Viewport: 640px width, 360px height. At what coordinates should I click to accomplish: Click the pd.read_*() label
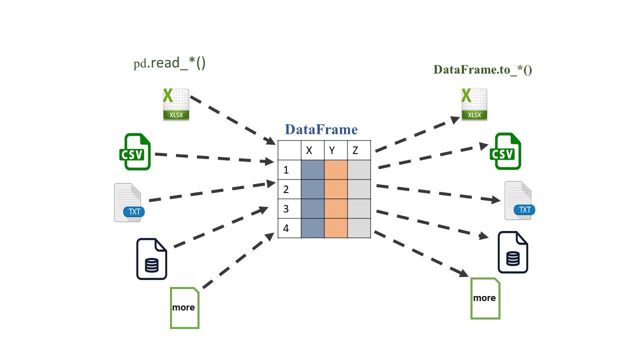[169, 63]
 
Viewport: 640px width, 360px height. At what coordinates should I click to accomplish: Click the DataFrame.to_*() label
[482, 69]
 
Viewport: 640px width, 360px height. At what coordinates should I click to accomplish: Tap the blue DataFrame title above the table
[321, 129]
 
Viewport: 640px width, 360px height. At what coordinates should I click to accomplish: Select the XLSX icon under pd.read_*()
[176, 104]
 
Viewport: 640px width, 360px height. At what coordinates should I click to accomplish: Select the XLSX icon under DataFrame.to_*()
[474, 104]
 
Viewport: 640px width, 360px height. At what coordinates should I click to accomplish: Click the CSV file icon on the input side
[134, 151]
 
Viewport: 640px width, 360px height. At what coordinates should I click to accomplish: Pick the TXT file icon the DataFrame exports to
[519, 200]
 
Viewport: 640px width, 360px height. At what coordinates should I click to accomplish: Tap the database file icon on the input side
[151, 259]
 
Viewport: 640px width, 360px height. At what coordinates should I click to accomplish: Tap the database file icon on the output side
[512, 252]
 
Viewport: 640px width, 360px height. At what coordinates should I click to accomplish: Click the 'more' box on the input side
[184, 307]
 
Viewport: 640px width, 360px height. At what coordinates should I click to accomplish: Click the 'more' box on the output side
[485, 298]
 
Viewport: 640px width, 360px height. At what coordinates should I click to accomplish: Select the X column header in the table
[309, 150]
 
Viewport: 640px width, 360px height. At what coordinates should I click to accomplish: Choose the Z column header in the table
[355, 150]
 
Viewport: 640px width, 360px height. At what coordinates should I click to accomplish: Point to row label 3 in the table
[286, 208]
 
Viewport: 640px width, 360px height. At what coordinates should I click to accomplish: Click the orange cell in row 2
[335, 189]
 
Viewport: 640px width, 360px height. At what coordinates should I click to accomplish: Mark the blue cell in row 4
[312, 228]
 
